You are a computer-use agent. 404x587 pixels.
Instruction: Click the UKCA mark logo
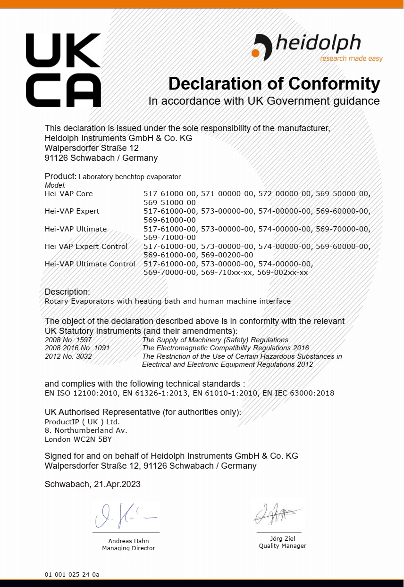point(63,70)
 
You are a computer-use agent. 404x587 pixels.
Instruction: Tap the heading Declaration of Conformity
point(274,84)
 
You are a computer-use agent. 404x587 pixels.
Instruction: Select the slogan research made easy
point(351,59)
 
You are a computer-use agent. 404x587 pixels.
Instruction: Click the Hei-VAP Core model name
point(69,194)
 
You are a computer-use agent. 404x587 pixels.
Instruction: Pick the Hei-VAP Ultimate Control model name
point(90,264)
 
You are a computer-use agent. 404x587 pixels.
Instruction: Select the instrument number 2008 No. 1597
point(68,340)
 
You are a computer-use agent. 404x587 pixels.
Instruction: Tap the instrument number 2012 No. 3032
point(68,356)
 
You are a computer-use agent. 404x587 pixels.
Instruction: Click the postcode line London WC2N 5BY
point(78,439)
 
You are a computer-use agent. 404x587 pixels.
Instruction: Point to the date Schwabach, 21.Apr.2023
point(93,484)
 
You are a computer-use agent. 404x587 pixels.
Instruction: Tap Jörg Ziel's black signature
point(277,514)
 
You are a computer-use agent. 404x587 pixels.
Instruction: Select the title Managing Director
point(128,548)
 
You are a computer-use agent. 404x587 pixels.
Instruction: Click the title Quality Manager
point(282,546)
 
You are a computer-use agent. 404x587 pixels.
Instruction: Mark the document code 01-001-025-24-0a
point(72,575)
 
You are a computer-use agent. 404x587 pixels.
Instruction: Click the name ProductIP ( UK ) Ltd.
point(82,422)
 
